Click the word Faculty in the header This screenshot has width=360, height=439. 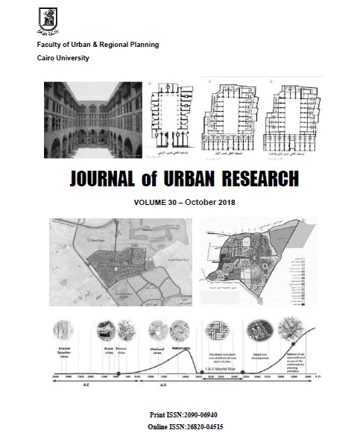[52, 46]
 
